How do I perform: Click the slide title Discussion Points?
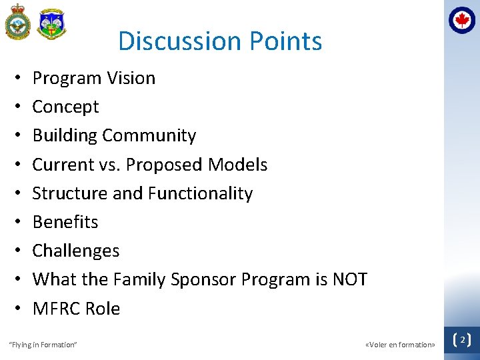[220, 41]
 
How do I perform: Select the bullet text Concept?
[65, 107]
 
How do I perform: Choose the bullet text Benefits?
[65, 222]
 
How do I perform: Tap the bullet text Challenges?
[76, 251]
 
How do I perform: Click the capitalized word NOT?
[349, 279]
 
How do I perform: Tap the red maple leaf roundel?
[462, 20]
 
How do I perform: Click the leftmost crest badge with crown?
[18, 24]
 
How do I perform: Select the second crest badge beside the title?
[51, 25]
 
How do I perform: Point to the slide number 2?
[462, 340]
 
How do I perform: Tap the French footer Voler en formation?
[400, 345]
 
